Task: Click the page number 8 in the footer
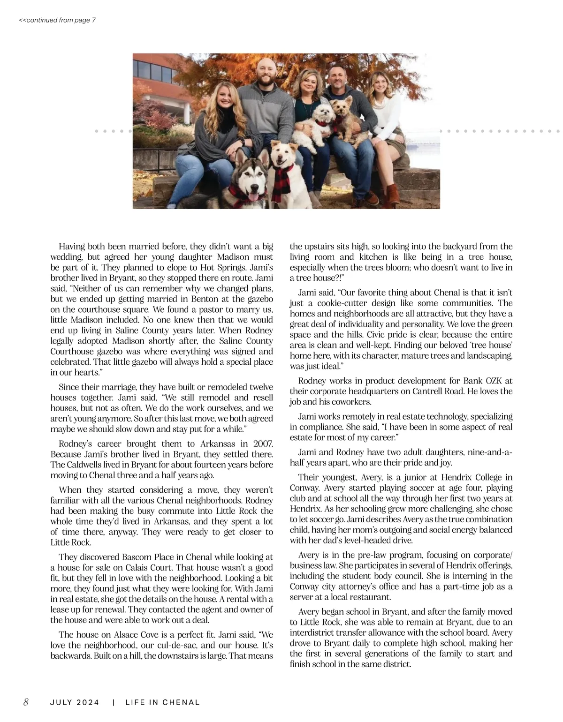pos(26,702)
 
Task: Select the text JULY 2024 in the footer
pos(75,702)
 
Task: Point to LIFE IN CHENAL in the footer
pos(162,702)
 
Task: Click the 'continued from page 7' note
pos(57,20)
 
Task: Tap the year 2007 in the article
pos(263,444)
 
